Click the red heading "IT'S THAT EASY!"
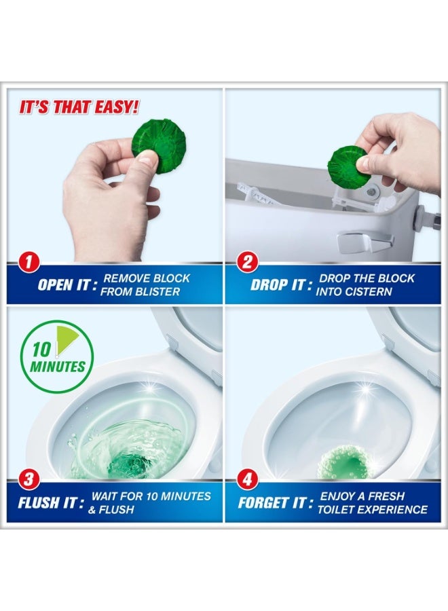tap(79, 107)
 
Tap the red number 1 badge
tap(28, 262)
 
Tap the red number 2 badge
tap(247, 262)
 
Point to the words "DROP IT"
tap(278, 285)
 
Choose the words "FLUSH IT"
tap(48, 502)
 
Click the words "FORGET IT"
tap(272, 502)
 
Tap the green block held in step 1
tap(160, 145)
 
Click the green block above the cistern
tap(348, 167)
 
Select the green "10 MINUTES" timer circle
tap(57, 356)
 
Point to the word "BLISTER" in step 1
tap(160, 291)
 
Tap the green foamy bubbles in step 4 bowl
tap(343, 462)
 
